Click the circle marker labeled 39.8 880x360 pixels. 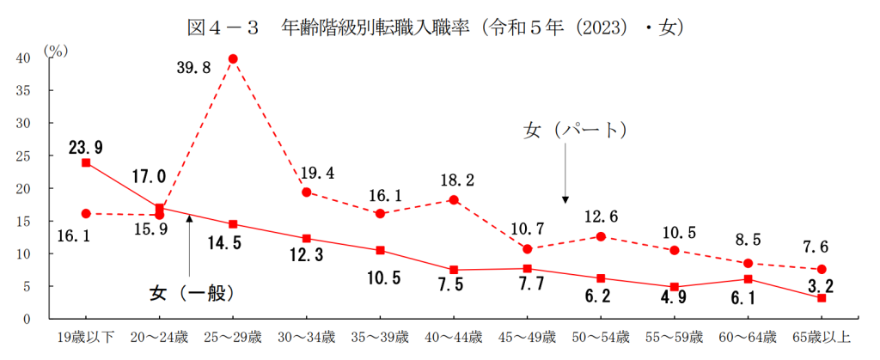233,59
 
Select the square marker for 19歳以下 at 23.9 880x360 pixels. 86,162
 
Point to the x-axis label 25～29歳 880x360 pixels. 232,337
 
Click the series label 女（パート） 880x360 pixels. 575,131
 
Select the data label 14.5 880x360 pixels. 233,243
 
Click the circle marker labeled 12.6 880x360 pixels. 601,236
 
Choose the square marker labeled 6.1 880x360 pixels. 748,278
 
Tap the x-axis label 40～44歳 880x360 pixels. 453,337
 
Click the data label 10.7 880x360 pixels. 528,229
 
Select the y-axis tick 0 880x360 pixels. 27,320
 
